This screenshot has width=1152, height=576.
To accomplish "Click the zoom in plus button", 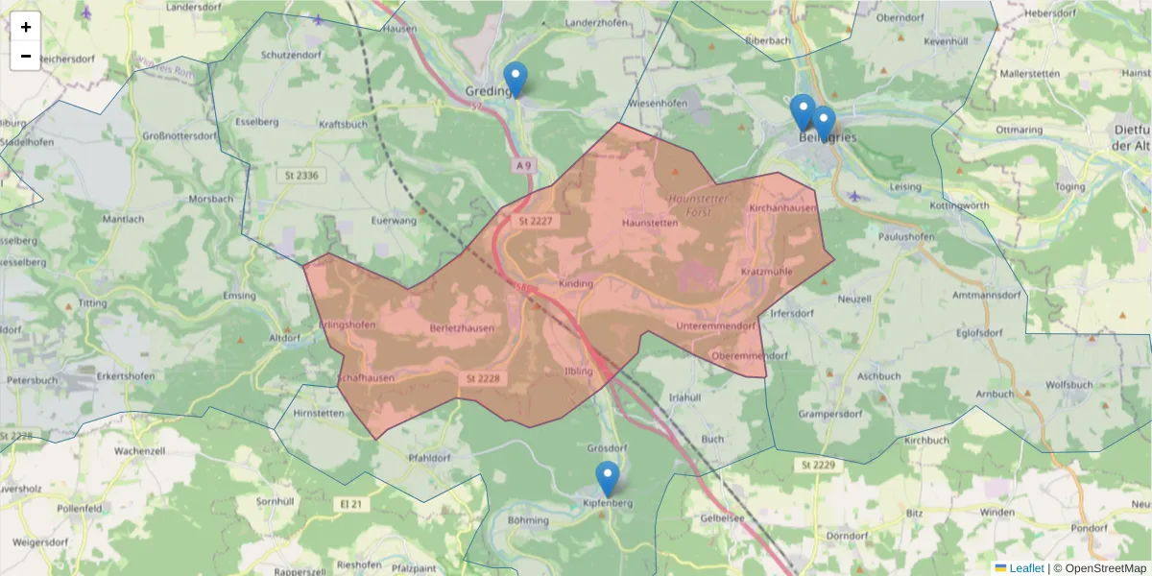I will [26, 27].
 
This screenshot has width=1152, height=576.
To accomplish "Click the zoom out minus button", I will [26, 56].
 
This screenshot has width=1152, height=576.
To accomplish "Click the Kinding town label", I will [576, 283].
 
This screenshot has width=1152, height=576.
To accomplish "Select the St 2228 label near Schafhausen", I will [483, 378].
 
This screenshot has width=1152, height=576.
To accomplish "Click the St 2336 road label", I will [301, 176].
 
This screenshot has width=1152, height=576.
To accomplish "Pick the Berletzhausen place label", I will [463, 328].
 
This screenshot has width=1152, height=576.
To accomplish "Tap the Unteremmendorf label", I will [715, 326].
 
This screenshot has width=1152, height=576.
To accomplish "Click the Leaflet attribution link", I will [1026, 567].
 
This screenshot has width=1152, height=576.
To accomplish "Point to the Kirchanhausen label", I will [782, 207].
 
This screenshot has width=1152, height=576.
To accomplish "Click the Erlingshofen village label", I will [347, 324].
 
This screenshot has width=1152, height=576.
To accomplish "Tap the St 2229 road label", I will [815, 465].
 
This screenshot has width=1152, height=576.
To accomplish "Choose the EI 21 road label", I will [352, 503].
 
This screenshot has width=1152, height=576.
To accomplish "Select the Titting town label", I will [93, 303].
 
